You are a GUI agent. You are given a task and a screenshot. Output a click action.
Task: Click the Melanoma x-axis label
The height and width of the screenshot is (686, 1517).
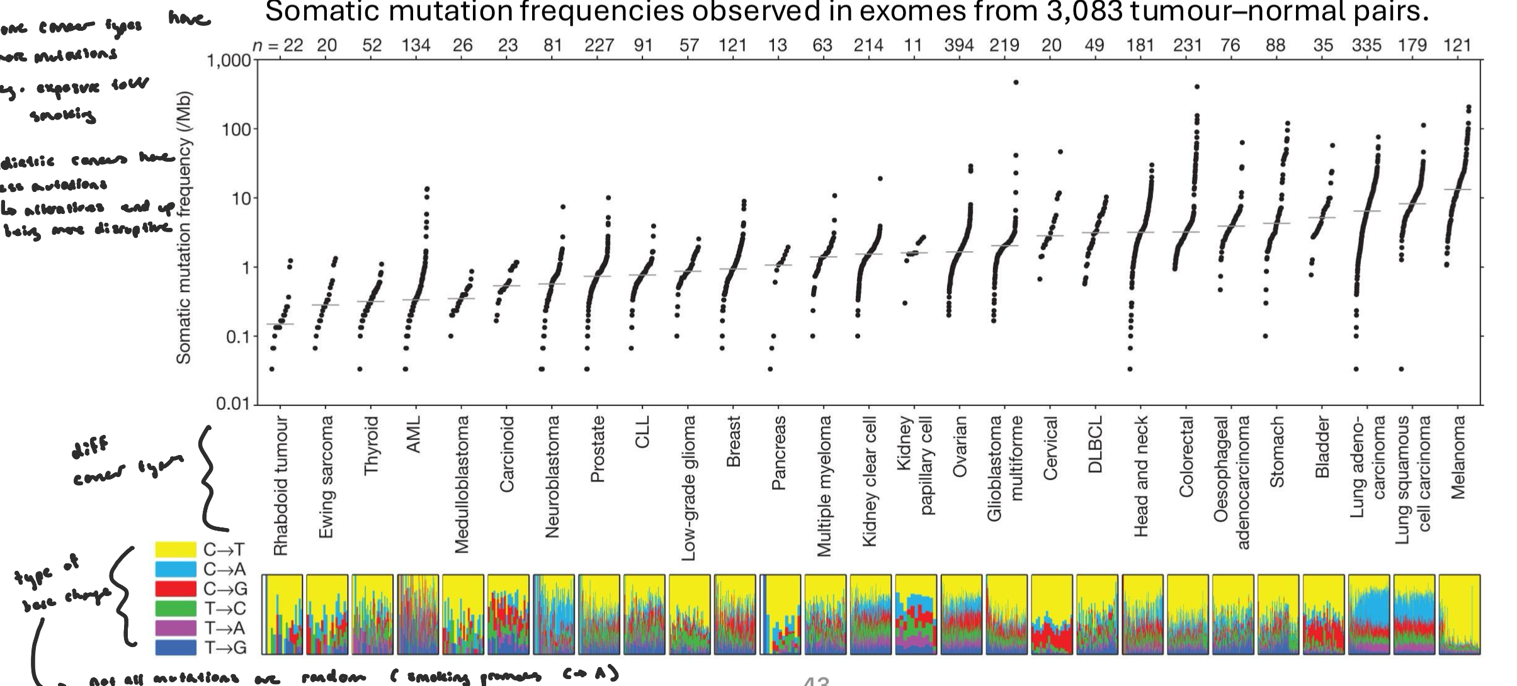click(1458, 458)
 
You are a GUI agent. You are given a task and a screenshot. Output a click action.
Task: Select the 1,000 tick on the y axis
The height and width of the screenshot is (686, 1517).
click(228, 61)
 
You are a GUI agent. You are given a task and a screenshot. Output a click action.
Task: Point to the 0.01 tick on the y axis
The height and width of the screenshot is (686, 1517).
click(233, 403)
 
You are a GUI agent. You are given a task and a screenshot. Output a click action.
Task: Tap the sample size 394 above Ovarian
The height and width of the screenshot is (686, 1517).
click(958, 45)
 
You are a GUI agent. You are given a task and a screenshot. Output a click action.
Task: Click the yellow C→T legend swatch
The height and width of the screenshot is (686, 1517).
click(176, 549)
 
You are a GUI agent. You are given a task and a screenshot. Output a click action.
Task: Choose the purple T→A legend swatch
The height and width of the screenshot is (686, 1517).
click(176, 628)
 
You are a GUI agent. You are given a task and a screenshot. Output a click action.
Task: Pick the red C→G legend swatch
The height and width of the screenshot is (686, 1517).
click(176, 589)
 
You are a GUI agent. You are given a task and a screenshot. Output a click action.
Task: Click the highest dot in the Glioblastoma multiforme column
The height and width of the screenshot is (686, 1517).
click(1015, 82)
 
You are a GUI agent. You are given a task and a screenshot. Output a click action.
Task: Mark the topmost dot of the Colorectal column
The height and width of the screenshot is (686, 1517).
click(1196, 87)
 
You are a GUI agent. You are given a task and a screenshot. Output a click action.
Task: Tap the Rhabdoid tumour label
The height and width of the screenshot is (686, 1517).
click(281, 485)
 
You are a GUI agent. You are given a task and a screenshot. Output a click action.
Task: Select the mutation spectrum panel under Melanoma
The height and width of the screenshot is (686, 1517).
click(1459, 614)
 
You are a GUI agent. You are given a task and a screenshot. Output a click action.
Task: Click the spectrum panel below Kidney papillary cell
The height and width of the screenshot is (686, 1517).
click(915, 614)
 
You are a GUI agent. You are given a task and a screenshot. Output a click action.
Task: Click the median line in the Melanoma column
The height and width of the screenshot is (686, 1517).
click(1457, 189)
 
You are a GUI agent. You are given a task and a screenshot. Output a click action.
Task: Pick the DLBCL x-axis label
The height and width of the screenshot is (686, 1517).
click(1095, 444)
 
